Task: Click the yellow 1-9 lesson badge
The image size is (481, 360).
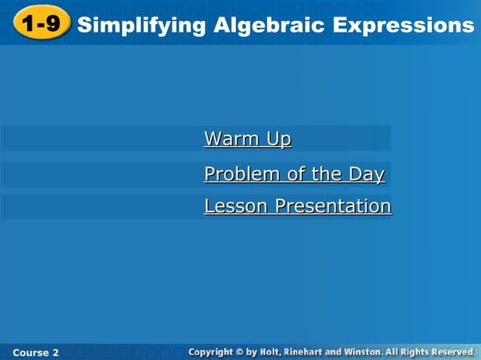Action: [x=41, y=25]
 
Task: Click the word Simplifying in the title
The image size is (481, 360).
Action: [x=141, y=26]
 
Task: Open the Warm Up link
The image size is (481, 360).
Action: [x=247, y=139]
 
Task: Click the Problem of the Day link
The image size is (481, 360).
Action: [x=294, y=175]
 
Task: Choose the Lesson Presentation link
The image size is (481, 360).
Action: [x=297, y=206]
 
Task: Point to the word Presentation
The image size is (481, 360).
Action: [x=332, y=206]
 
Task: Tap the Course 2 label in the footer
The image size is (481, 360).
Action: [x=35, y=352]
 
